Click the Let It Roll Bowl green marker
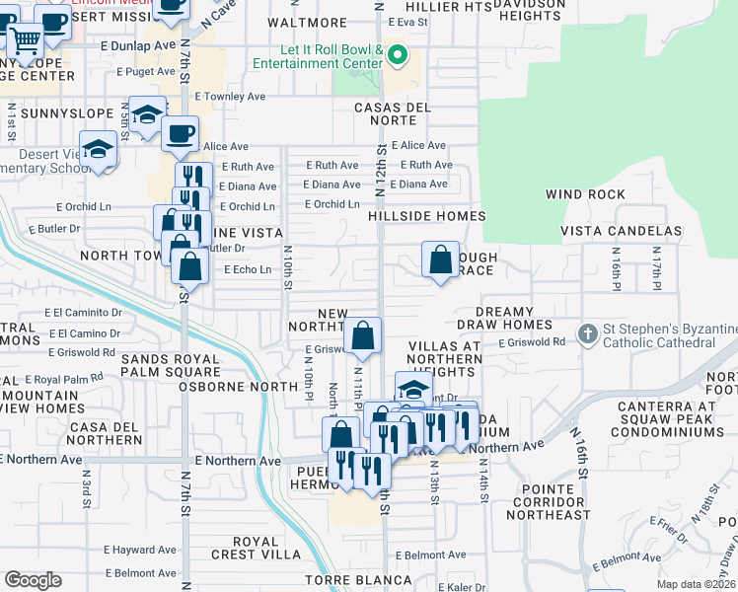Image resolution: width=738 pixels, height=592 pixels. [x=398, y=55]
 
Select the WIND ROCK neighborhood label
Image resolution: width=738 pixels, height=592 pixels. [x=586, y=194]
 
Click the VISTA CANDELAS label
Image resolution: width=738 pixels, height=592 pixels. [x=621, y=231]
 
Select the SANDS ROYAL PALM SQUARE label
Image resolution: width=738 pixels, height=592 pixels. [x=172, y=366]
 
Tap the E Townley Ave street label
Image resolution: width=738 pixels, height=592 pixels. [x=231, y=97]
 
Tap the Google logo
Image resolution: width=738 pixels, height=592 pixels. [x=33, y=580]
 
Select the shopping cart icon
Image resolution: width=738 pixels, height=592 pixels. [x=26, y=42]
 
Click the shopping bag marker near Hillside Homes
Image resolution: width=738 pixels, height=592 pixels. [x=440, y=259]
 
